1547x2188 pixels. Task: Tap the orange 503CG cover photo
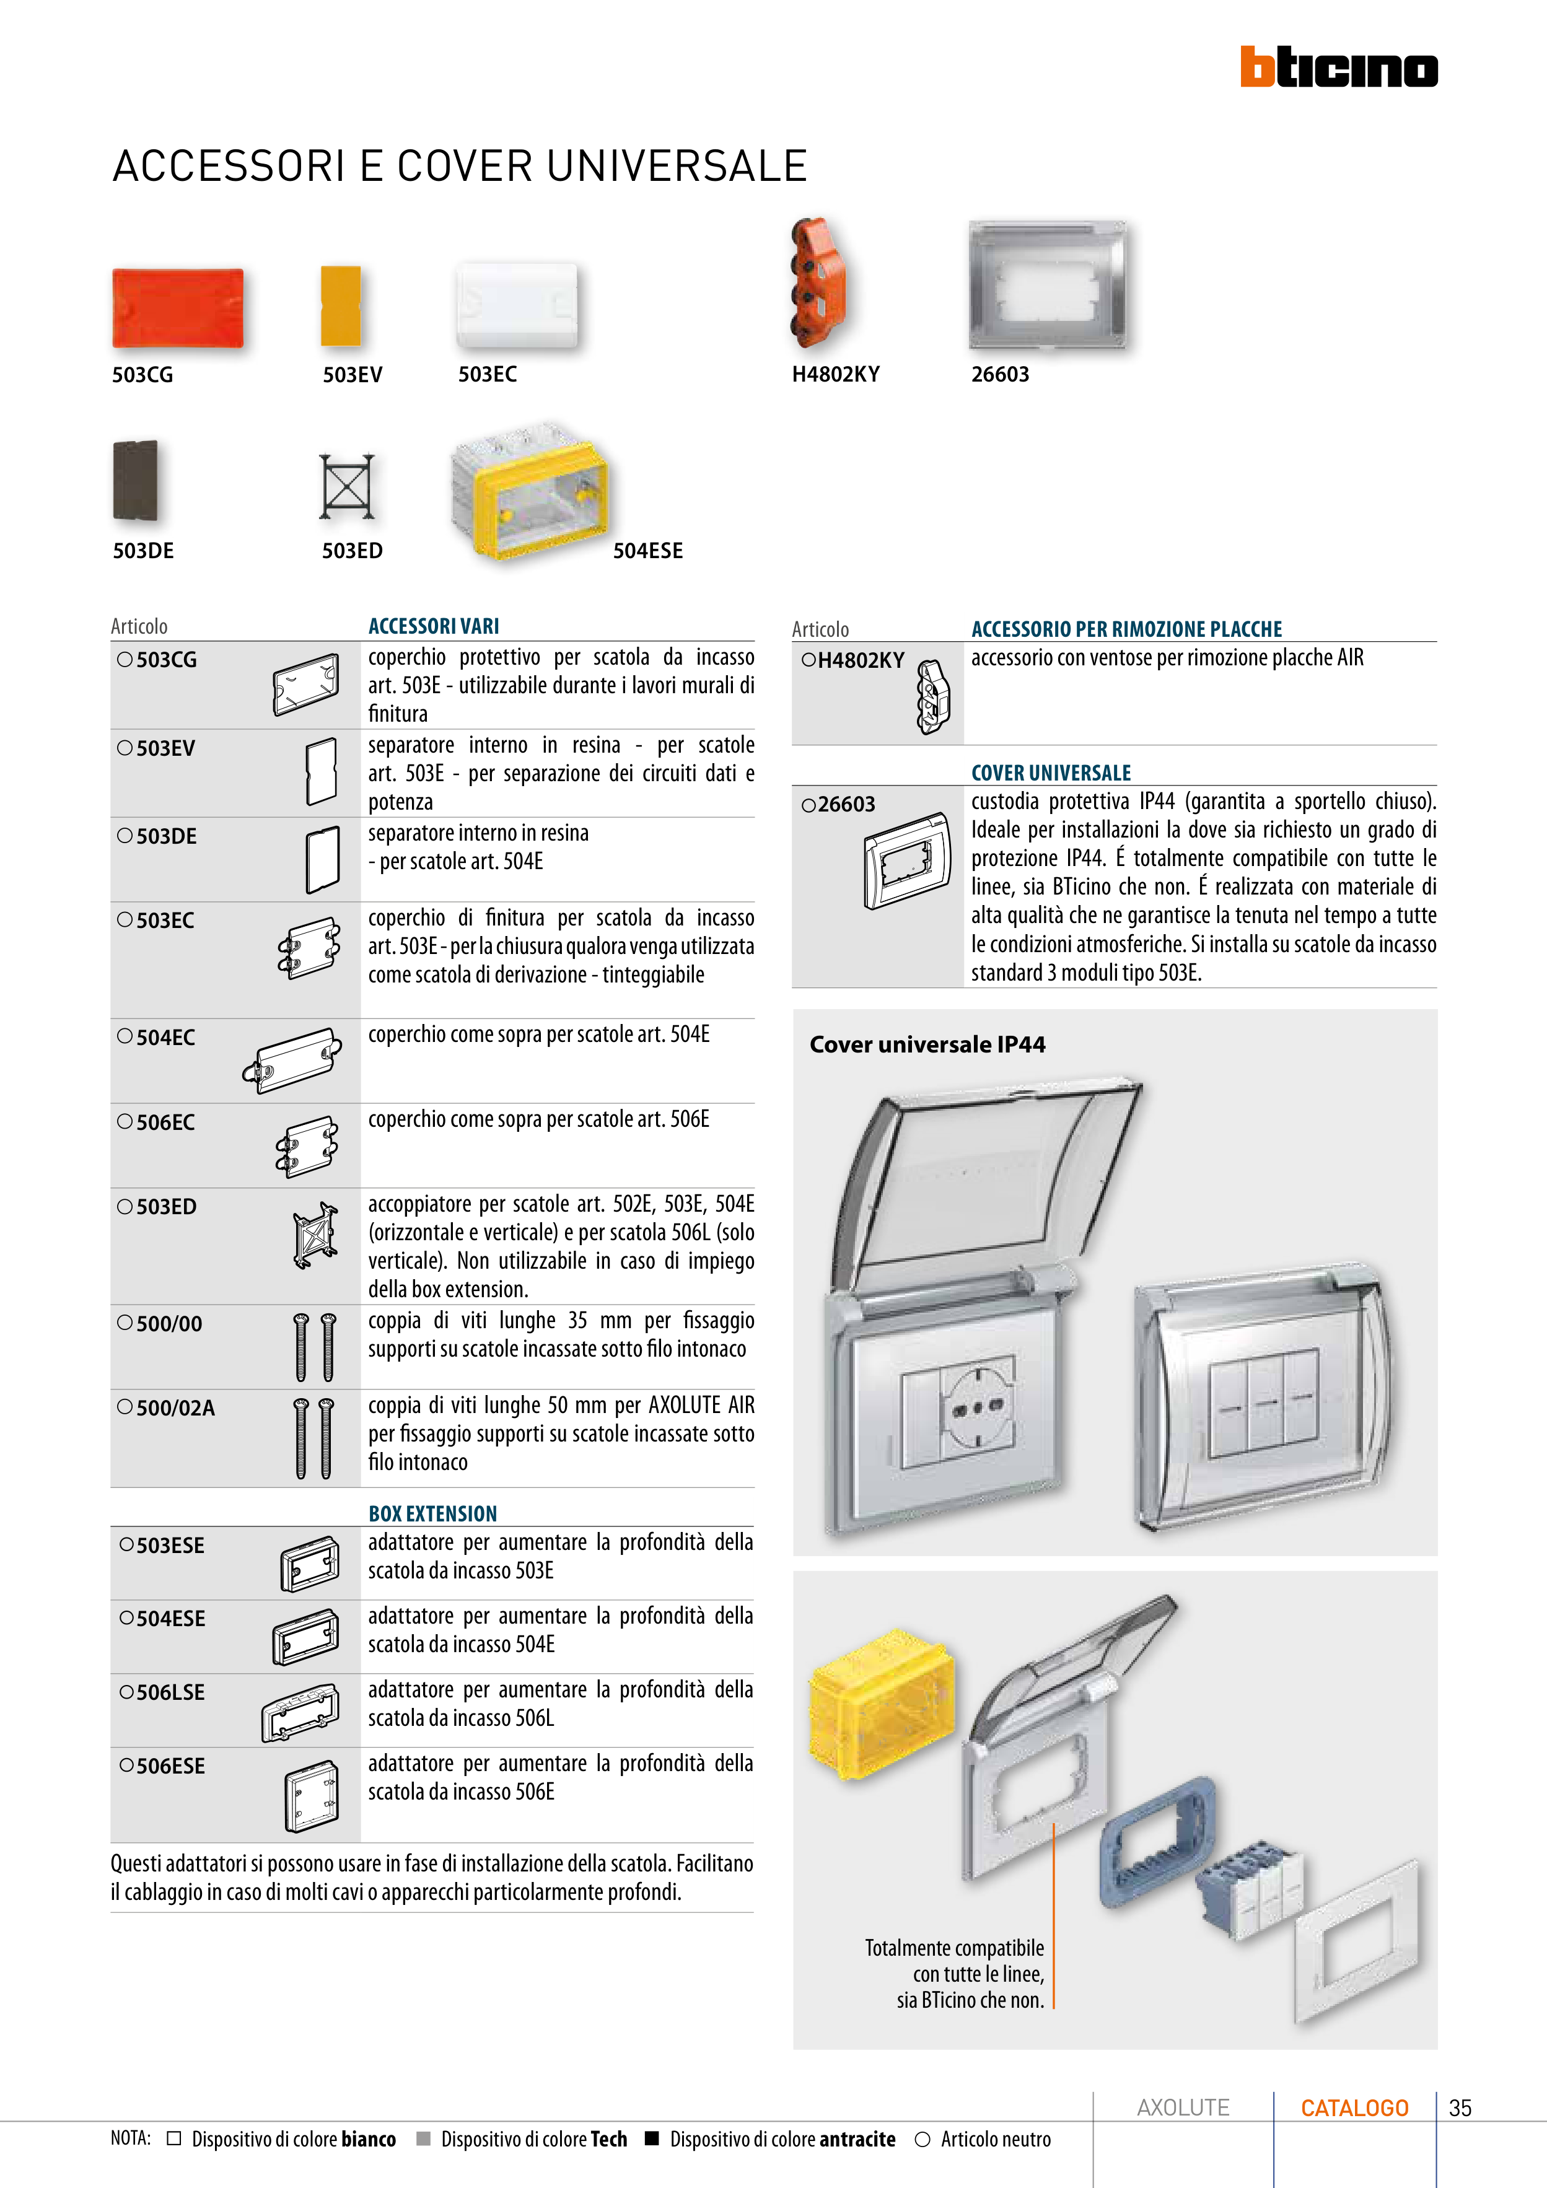pyautogui.click(x=178, y=308)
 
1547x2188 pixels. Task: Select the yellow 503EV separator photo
pyautogui.click(x=341, y=305)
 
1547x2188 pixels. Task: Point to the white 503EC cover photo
pyautogui.click(x=517, y=305)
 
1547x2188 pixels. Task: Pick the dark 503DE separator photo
pyautogui.click(x=135, y=479)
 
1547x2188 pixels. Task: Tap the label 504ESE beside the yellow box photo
pyautogui.click(x=647, y=551)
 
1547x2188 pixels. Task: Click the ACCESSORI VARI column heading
pyautogui.click(x=434, y=626)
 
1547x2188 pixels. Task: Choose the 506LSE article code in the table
pyautogui.click(x=170, y=1692)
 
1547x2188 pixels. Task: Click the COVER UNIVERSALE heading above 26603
pyautogui.click(x=1050, y=773)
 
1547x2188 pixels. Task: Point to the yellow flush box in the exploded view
pyautogui.click(x=880, y=1707)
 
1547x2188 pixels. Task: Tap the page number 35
pyautogui.click(x=1459, y=2108)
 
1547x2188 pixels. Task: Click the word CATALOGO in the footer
pyautogui.click(x=1354, y=2108)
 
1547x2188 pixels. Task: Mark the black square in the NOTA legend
pyautogui.click(x=652, y=2138)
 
